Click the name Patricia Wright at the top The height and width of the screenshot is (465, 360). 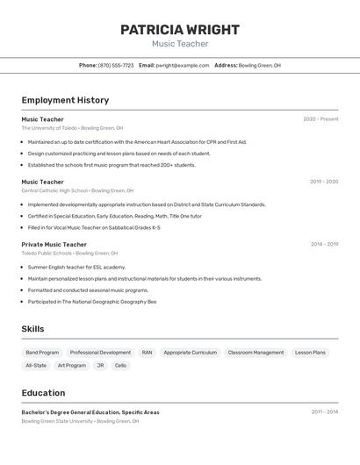[x=180, y=29]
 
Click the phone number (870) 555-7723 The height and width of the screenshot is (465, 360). [x=116, y=65]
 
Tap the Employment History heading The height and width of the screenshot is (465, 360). [x=65, y=100]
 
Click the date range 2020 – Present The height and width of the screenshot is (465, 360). [x=320, y=119]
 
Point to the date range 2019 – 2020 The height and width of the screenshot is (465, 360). [x=324, y=182]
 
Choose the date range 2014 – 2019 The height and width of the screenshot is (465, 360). [x=324, y=245]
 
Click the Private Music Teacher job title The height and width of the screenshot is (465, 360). [x=54, y=245]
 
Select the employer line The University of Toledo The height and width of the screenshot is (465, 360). [x=72, y=128]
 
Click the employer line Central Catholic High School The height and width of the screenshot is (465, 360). [x=77, y=190]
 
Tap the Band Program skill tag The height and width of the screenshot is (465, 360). [x=42, y=353]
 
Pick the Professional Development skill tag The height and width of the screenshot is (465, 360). [x=100, y=353]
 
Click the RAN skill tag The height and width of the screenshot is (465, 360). [x=147, y=353]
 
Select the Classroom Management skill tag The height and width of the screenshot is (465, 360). [x=256, y=353]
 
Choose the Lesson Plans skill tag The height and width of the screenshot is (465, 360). [x=310, y=353]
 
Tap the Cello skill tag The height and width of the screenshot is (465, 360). [x=120, y=365]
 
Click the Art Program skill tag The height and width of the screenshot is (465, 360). [x=72, y=365]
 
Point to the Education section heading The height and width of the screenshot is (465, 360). [x=43, y=393]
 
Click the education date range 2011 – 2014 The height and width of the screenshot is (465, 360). [x=324, y=411]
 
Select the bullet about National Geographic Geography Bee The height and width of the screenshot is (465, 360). [x=91, y=302]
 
